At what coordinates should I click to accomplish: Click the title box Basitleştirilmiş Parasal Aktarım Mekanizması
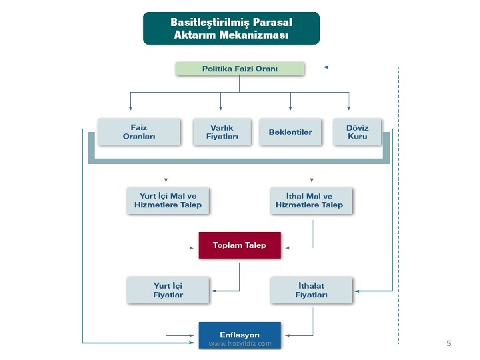tap(231, 28)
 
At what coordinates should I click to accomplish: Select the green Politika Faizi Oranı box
tap(240, 69)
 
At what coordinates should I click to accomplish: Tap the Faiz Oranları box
tap(139, 131)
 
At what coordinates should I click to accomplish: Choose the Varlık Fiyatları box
tap(222, 131)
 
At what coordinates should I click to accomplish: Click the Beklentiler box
tap(290, 131)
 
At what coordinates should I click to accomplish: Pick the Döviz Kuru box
tap(357, 131)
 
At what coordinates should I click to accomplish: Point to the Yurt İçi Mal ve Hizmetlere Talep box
tap(167, 200)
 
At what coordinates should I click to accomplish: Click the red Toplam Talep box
tap(239, 245)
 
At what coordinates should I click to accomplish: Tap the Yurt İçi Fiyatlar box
tap(168, 290)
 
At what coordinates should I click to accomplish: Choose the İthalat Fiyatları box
tap(311, 290)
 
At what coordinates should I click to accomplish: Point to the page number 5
tap(449, 343)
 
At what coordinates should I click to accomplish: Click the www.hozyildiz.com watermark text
tap(240, 344)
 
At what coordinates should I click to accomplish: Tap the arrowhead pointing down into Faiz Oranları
tap(130, 108)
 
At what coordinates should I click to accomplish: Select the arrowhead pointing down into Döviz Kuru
tap(349, 108)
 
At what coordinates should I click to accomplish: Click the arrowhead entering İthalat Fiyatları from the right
tap(358, 291)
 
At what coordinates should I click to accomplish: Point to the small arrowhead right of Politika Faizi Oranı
tap(325, 67)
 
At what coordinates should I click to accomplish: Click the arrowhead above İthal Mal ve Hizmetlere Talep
tap(311, 179)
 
